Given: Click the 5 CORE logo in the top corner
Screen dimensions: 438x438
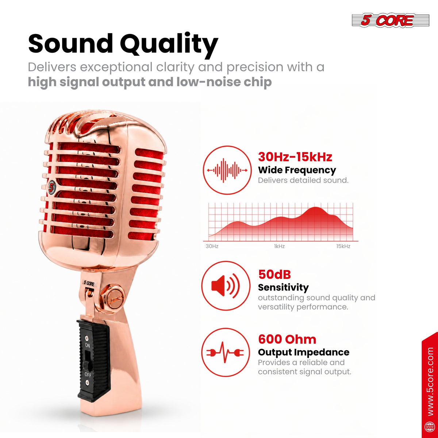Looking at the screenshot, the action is (x=391, y=20).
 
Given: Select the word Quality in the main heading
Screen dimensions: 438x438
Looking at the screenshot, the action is (x=169, y=45).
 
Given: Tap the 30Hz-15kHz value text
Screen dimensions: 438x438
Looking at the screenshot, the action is (x=295, y=157).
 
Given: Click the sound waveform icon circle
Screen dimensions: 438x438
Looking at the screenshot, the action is (x=227, y=170).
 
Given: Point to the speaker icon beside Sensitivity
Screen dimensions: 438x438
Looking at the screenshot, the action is (x=226, y=285).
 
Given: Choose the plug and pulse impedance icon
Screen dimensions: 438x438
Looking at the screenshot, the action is (x=225, y=353).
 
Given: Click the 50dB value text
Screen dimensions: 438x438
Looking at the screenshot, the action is (x=274, y=274).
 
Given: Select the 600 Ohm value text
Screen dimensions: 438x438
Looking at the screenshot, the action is (x=287, y=339).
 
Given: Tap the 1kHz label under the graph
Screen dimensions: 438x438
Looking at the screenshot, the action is (x=279, y=246).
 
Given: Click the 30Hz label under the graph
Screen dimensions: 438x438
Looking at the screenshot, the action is (x=212, y=246).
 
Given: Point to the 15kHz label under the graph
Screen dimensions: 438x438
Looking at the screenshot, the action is (x=343, y=246).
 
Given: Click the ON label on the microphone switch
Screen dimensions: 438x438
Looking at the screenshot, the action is (x=88, y=346).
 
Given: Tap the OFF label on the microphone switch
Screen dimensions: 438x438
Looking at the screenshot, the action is (x=88, y=374).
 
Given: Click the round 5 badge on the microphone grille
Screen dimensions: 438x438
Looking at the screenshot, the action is (x=52, y=187).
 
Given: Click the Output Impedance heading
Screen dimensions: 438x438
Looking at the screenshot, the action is (x=304, y=352).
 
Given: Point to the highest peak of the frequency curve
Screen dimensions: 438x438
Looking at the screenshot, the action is (x=315, y=207).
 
